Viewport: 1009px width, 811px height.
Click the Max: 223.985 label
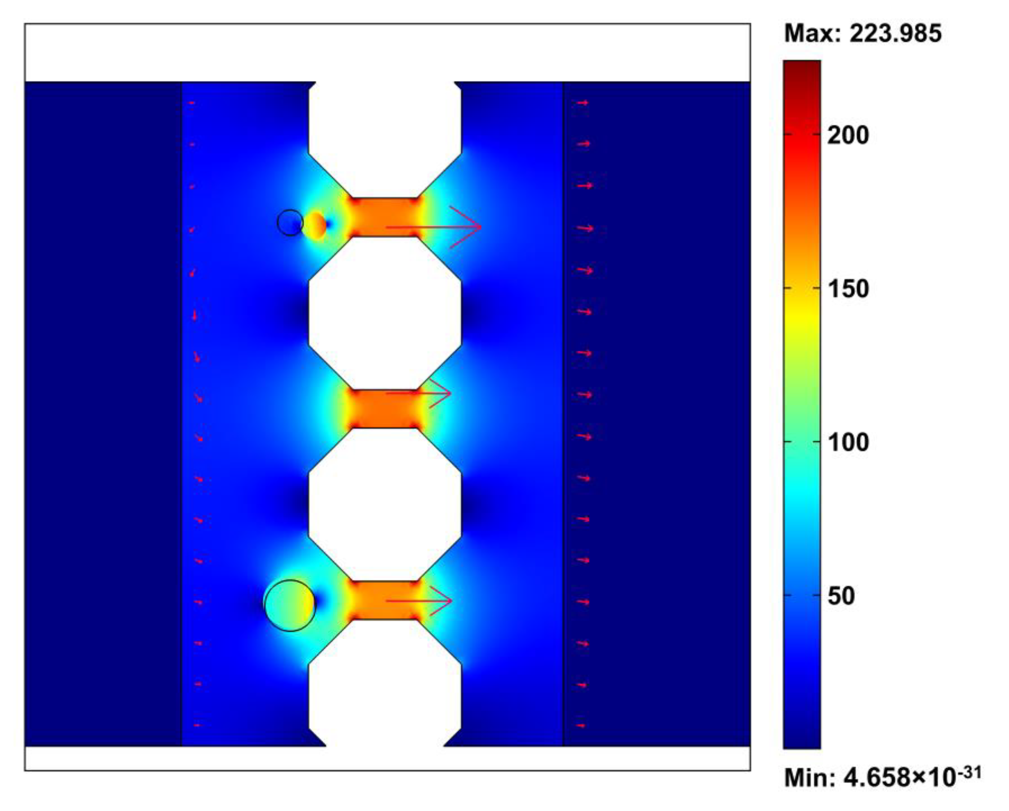tap(863, 34)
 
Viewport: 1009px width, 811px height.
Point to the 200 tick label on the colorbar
tap(848, 135)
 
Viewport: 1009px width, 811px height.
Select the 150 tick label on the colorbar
tap(848, 289)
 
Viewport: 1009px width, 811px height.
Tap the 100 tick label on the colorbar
tap(848, 442)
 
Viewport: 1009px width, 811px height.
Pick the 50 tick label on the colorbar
tap(841, 596)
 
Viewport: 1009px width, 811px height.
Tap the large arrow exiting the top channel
tap(434, 227)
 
